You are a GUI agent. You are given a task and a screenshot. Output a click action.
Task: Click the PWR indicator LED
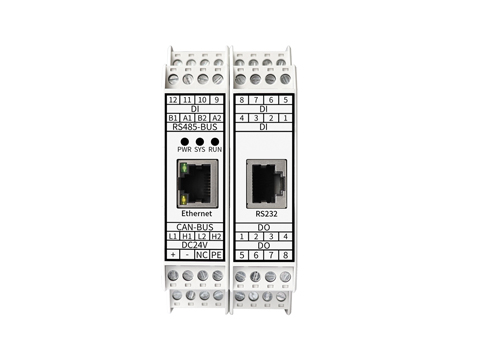[184, 140]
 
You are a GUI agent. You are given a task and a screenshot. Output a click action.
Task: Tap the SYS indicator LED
[200, 140]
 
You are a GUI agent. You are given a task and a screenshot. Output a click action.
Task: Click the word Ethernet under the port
[197, 214]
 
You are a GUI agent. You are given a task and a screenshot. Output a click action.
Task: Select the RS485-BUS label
[197, 127]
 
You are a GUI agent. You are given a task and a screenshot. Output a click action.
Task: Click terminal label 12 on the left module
[173, 100]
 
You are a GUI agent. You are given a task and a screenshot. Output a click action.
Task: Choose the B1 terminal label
[173, 118]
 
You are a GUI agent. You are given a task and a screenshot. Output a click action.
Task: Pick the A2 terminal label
[217, 118]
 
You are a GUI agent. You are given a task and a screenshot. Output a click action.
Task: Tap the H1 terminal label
[187, 236]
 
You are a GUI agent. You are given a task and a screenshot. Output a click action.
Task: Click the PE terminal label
[217, 255]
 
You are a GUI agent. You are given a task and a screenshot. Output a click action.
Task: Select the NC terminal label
[202, 255]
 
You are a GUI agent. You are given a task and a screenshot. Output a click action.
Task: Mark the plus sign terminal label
[173, 255]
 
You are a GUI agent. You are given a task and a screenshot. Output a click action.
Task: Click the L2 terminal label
[202, 236]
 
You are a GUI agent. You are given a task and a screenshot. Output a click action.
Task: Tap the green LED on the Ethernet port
[183, 168]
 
